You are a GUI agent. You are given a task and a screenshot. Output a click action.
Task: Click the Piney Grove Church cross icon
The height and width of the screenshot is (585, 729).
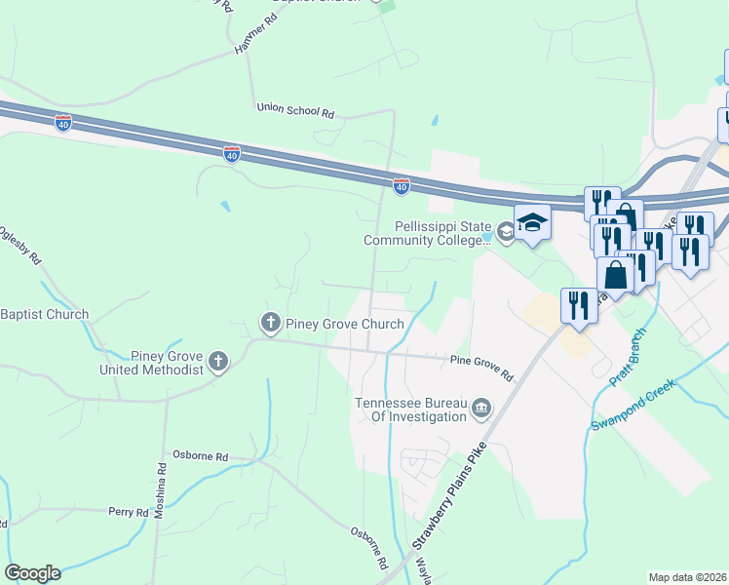[270, 322]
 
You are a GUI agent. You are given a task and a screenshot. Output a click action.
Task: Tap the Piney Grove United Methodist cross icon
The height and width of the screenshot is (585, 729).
[218, 363]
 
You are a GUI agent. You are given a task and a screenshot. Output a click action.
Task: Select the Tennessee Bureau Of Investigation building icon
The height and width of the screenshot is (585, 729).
[480, 409]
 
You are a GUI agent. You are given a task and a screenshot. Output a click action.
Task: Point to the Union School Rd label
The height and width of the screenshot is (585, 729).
[295, 110]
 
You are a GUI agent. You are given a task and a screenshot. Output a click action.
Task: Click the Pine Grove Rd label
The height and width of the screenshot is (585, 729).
[481, 366]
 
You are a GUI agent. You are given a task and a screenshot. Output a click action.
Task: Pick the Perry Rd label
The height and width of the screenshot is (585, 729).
[128, 512]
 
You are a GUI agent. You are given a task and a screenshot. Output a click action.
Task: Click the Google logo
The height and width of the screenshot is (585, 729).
[32, 572]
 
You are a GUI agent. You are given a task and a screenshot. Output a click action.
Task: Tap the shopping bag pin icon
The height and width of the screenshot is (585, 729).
[616, 274]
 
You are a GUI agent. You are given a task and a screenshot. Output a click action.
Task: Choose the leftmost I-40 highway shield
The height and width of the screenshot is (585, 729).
[63, 123]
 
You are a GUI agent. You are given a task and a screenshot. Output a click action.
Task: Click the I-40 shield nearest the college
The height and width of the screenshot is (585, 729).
[402, 184]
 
